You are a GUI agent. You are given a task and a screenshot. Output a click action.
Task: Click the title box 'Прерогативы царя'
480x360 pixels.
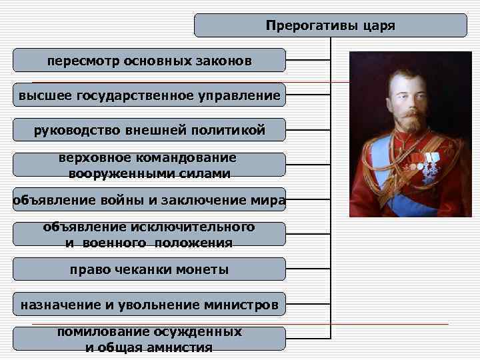tap(331, 25)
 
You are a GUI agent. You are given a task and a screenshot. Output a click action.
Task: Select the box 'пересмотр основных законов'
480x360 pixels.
tap(149, 61)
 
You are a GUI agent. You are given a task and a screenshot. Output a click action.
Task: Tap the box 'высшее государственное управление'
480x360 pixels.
tap(149, 95)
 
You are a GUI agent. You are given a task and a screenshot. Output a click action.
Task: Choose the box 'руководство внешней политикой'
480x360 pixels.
tap(149, 130)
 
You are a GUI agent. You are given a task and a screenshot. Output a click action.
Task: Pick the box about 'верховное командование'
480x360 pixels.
tap(149, 165)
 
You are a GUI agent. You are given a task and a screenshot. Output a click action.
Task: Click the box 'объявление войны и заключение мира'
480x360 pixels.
tap(149, 200)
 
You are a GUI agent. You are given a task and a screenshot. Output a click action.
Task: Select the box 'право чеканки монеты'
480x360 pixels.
tap(149, 269)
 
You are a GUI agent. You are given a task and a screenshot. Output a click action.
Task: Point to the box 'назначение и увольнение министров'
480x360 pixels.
tap(149, 305)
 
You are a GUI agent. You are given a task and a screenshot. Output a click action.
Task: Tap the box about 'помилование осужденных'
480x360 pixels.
tap(149, 339)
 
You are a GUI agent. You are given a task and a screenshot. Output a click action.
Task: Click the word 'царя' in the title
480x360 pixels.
tap(380, 26)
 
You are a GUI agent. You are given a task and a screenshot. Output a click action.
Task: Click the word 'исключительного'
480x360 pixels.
tap(203, 227)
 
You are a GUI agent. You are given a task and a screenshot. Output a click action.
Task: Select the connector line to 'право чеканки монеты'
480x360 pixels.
tap(308, 269)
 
